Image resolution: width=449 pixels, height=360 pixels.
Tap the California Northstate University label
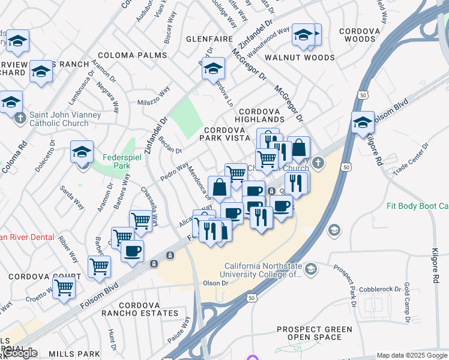click(263, 271)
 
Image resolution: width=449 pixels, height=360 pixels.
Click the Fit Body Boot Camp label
click(417, 206)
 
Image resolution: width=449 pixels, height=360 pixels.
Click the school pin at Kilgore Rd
click(363, 124)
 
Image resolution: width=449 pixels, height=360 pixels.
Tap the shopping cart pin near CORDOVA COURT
click(64, 287)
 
